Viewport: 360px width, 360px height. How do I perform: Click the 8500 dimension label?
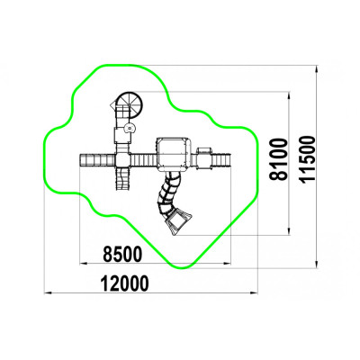[122, 254]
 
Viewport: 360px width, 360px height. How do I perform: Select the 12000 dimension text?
[124, 283]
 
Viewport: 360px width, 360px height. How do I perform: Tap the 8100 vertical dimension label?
[277, 159]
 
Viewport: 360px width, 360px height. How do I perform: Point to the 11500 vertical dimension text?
[308, 159]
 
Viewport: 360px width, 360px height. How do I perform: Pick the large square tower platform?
[174, 154]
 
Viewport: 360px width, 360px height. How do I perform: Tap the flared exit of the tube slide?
[179, 221]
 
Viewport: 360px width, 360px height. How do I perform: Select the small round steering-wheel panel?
[130, 128]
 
